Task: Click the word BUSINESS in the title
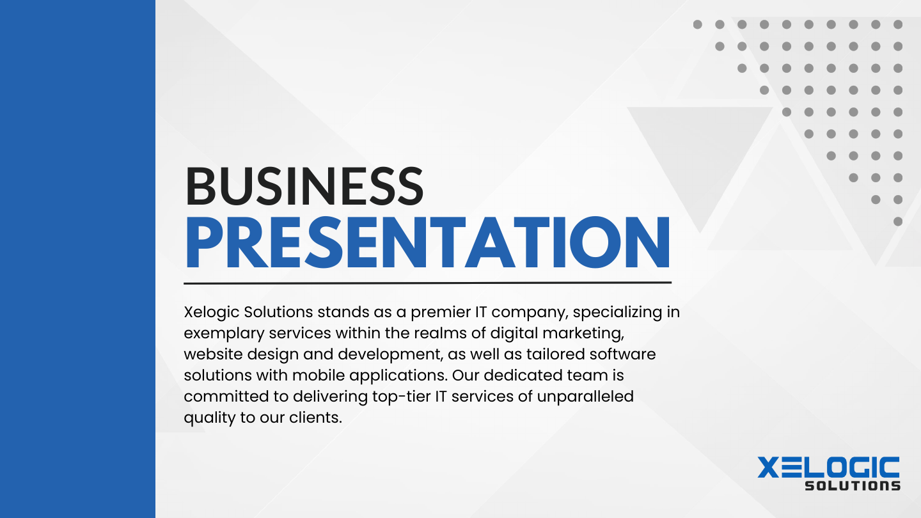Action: click(x=304, y=187)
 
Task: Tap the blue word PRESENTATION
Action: click(x=427, y=244)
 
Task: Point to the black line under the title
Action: click(x=427, y=282)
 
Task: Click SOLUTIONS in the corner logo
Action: click(x=852, y=485)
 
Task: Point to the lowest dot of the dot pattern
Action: click(x=897, y=221)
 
